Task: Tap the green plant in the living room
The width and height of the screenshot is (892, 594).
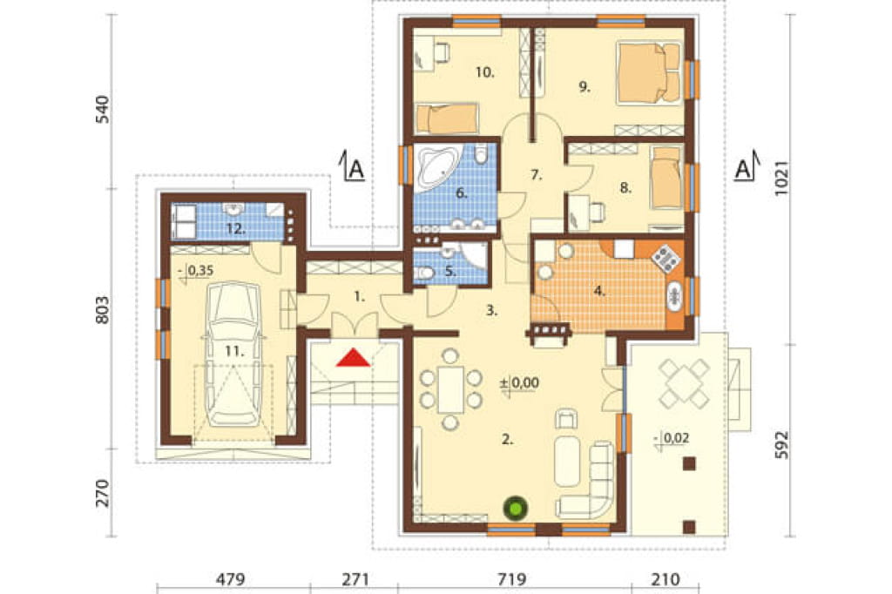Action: click(x=516, y=508)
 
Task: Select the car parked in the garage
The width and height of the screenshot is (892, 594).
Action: click(x=233, y=354)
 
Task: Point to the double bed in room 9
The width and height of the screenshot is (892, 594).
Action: click(x=649, y=73)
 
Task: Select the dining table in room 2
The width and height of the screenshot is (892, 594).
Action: click(x=450, y=389)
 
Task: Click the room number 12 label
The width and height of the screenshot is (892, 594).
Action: click(x=235, y=229)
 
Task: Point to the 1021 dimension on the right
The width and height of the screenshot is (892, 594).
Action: click(x=782, y=178)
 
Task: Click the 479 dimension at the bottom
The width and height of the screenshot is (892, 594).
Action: click(x=231, y=580)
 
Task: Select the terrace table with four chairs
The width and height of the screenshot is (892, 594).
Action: click(x=685, y=383)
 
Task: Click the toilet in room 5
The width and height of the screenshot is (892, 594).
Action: click(x=424, y=274)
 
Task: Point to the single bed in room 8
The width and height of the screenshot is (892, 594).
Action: click(x=666, y=178)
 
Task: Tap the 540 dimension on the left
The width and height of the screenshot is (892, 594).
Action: click(x=102, y=110)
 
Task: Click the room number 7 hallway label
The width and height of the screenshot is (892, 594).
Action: click(x=536, y=175)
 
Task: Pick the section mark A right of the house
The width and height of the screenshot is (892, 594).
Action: click(x=746, y=165)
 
